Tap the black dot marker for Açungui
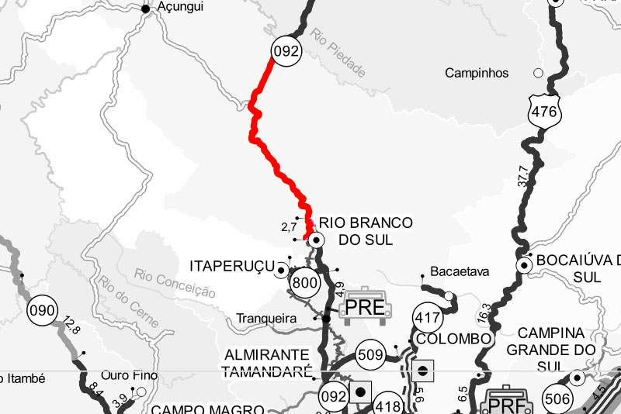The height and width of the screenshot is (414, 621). pyautogui.click(x=145, y=9)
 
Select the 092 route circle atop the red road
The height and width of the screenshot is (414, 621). pyautogui.click(x=286, y=52)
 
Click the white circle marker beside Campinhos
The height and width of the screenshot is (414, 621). pyautogui.click(x=537, y=74)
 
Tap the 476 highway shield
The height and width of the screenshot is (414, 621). pyautogui.click(x=544, y=111)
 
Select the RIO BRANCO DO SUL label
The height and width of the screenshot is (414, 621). pyautogui.click(x=365, y=231)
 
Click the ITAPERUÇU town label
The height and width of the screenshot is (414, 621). pyautogui.click(x=232, y=267)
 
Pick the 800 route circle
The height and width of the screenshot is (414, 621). pyautogui.click(x=306, y=282)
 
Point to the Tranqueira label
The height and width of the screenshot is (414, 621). pyautogui.click(x=266, y=318)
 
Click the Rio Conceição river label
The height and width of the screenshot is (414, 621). pyautogui.click(x=174, y=284)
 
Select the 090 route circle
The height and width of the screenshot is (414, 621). pyautogui.click(x=42, y=312)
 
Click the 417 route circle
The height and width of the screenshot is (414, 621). pyautogui.click(x=428, y=316)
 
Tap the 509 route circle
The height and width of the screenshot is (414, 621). pyautogui.click(x=372, y=356)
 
